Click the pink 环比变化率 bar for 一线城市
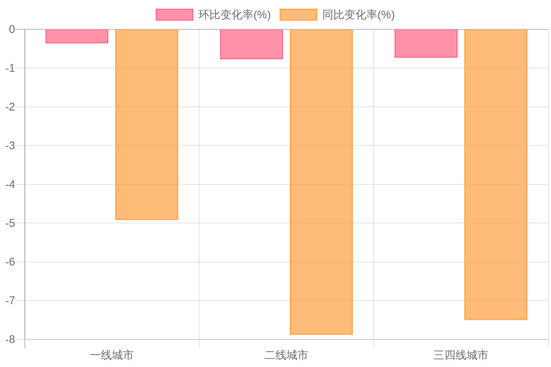pos(77,36)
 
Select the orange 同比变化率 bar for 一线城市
pos(146,125)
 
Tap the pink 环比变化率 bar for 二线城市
pos(252,44)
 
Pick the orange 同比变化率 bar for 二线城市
pos(321,182)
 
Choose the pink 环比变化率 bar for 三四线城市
pos(426,44)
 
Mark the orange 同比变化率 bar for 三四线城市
pos(496,175)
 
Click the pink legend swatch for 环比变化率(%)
pos(174,15)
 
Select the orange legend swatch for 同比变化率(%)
pos(298,15)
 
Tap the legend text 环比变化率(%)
pos(235,15)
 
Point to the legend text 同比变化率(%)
pos(359,15)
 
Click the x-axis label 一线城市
pos(112,355)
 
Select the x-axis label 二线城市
pos(286,355)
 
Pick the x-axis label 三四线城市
pos(461,355)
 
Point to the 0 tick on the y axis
pos(12,29)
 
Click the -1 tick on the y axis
pos(10,68)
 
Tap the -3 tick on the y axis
pos(10,146)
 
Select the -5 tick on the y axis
pos(10,223)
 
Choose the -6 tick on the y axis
pos(10,262)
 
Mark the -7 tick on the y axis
pos(10,301)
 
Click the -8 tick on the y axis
pos(10,339)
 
